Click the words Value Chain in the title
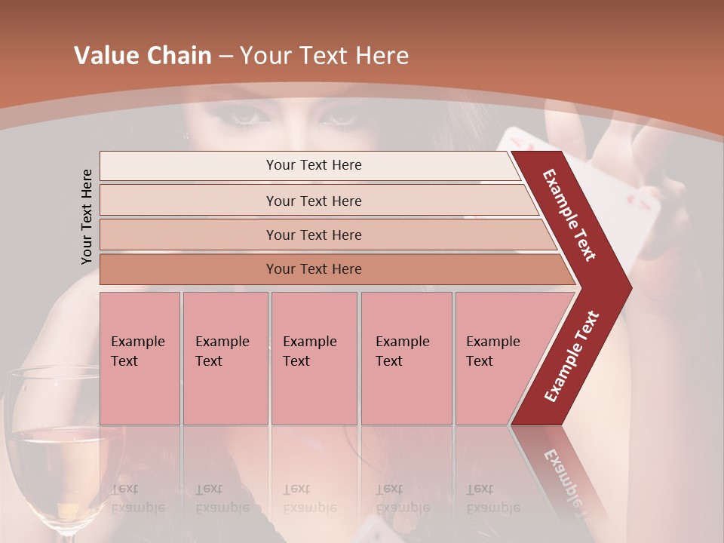tap(143, 56)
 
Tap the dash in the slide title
tap(225, 57)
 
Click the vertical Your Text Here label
tap(87, 216)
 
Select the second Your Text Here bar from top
tap(314, 201)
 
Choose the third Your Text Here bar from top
tap(314, 235)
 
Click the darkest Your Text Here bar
tap(314, 269)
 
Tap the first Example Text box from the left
tap(140, 357)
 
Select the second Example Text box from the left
tap(225, 357)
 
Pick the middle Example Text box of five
tap(314, 357)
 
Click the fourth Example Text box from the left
tap(406, 357)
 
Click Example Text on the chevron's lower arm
tap(572, 356)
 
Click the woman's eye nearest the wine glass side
tap(243, 115)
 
